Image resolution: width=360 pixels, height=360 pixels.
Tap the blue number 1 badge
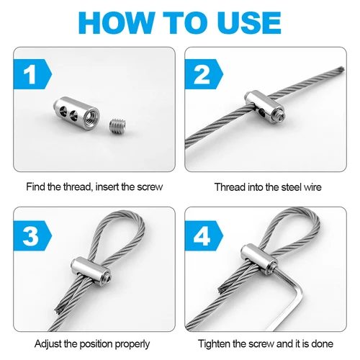click(x=30, y=75)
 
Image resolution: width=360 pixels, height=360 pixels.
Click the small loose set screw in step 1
click(x=115, y=127)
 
